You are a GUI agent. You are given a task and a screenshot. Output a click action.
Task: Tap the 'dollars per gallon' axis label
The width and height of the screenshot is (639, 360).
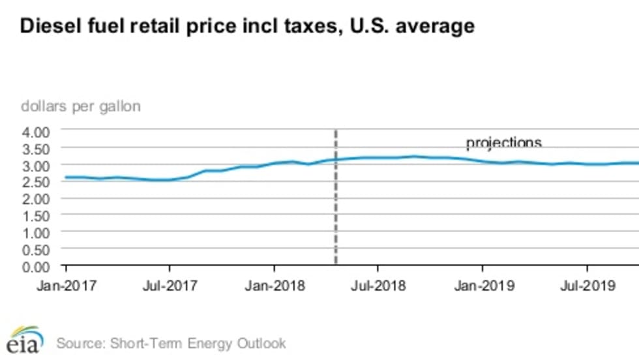81,106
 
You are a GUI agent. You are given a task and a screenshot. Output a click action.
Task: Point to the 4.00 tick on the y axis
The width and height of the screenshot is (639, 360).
37,132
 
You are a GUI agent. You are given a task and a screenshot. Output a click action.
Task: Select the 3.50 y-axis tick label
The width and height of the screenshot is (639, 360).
37,149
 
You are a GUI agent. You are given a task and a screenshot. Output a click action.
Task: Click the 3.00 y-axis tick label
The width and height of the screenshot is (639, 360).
37,166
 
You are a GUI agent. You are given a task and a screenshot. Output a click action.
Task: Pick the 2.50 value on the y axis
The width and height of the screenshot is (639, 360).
37,183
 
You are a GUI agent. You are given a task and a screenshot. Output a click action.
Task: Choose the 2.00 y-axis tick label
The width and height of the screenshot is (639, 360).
37,200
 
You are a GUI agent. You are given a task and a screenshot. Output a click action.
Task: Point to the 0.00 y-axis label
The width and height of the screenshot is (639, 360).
37,267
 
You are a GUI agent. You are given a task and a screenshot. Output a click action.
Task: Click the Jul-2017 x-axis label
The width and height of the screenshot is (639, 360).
170,286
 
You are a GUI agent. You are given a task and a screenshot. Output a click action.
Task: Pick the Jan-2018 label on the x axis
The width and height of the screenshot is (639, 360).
274,286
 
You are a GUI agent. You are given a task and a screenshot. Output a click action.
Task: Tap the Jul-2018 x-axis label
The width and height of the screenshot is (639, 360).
378,286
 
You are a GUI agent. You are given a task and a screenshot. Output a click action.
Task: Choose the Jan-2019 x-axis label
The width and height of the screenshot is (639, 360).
483,286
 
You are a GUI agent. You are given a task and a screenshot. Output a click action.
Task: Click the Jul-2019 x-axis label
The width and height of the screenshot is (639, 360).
587,286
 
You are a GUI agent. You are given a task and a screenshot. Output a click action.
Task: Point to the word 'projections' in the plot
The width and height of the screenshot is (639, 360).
503,143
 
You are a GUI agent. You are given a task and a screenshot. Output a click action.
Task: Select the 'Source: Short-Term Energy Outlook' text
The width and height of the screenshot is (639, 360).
171,342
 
